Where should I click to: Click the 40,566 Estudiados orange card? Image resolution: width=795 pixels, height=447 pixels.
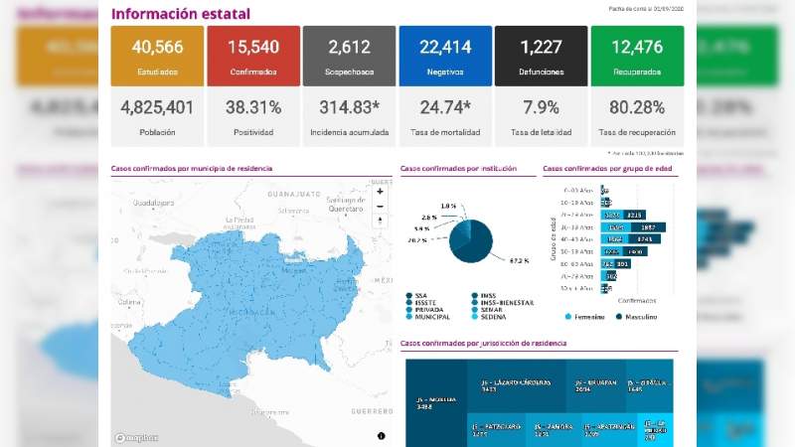tap(157, 56)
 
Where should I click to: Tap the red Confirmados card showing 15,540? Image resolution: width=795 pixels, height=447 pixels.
tap(253, 56)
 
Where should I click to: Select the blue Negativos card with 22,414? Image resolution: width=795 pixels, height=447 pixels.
tap(445, 56)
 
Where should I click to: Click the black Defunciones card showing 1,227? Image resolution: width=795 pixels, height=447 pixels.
tap(541, 56)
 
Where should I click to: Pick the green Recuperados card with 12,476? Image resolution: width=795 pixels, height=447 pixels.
tap(637, 56)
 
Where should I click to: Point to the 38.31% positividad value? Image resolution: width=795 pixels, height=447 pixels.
tap(253, 107)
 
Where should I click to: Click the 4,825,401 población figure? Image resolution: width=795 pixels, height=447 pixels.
tap(157, 107)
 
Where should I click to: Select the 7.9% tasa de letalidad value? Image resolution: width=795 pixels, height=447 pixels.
tap(541, 107)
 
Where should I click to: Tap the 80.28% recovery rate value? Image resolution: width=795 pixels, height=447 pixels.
tap(637, 107)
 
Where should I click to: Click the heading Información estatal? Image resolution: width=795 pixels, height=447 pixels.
tap(180, 14)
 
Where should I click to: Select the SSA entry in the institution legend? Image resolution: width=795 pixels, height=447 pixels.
tap(421, 295)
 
